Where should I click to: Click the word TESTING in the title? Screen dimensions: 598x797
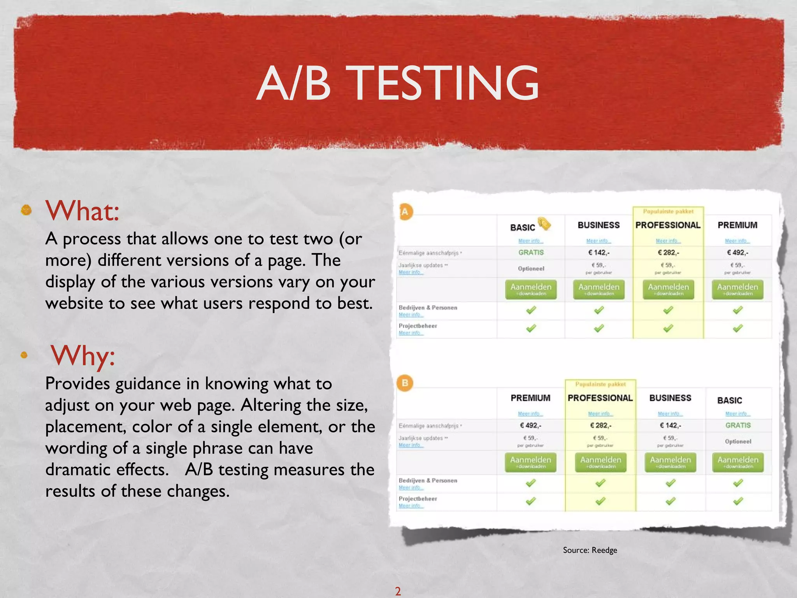point(445,83)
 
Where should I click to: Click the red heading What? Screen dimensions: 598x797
point(82,211)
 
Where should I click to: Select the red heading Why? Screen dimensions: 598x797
point(83,355)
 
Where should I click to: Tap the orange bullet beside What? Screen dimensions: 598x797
point(26,210)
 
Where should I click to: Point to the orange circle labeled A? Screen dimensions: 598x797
point(405,212)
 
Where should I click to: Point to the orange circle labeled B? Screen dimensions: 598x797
point(405,383)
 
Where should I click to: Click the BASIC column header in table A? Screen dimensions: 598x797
point(522,227)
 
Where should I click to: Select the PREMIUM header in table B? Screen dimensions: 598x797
point(530,398)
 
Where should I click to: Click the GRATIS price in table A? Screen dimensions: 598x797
point(531,253)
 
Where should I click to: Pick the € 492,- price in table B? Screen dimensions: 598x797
point(531,426)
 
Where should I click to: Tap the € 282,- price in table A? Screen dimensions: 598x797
point(668,253)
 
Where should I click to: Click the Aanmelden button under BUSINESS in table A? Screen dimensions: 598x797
point(599,289)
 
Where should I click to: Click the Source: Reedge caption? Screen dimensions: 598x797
point(590,550)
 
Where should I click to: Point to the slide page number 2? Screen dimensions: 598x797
point(398,591)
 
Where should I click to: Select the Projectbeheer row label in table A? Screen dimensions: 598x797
point(418,326)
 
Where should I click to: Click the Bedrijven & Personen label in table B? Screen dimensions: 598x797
point(428,480)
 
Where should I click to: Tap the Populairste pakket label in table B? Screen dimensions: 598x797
point(600,384)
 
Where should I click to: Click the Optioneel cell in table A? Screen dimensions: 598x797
point(531,269)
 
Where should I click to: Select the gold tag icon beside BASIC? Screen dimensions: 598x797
point(544,223)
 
